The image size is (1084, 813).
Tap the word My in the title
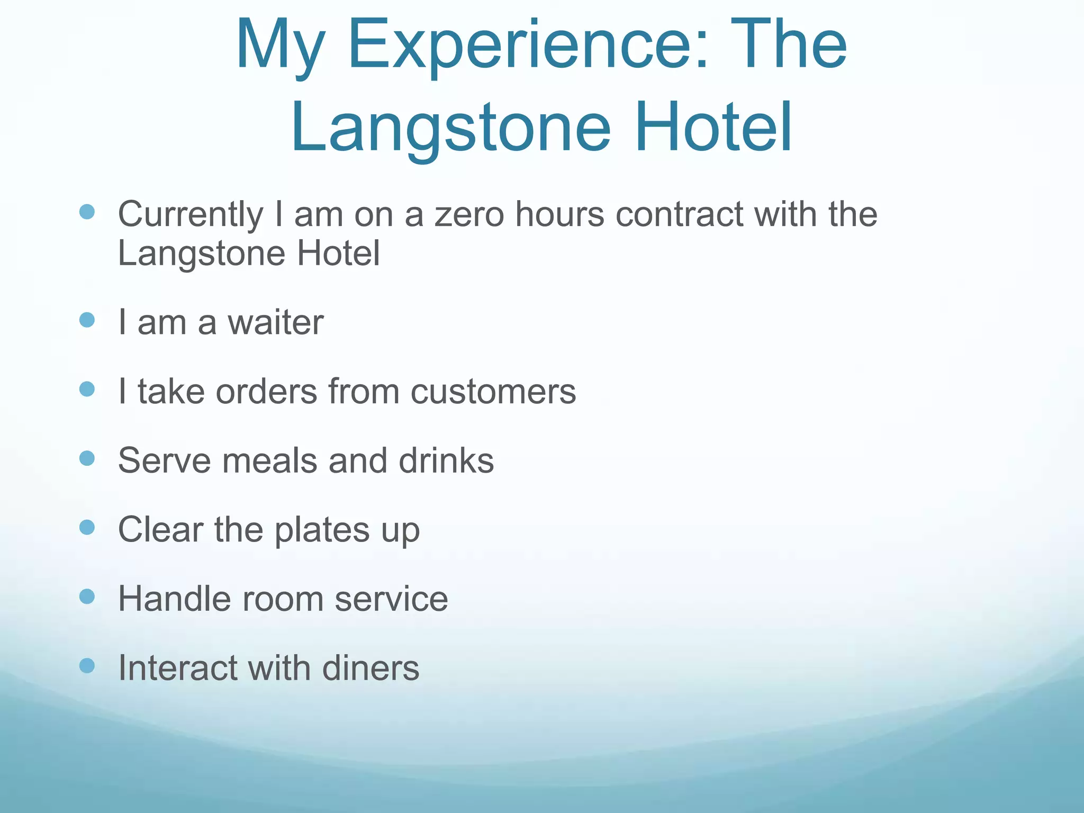(x=279, y=47)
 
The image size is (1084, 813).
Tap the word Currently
(x=190, y=216)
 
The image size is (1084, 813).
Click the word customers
(x=493, y=392)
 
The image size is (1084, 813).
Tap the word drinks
(x=446, y=460)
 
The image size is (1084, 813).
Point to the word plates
(x=322, y=530)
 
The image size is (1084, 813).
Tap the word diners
(x=371, y=668)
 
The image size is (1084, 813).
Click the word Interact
(x=177, y=668)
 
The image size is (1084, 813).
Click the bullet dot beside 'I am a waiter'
(x=87, y=320)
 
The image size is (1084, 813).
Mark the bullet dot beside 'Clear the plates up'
(x=87, y=527)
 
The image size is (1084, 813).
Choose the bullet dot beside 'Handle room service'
(x=87, y=597)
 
